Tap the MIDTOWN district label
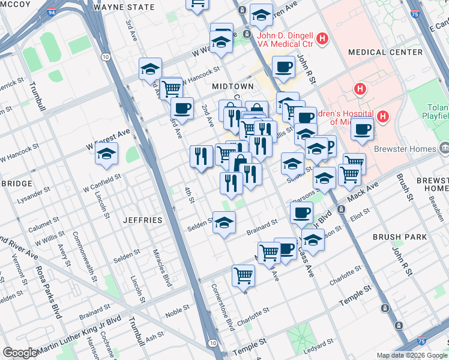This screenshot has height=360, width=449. click(x=232, y=86)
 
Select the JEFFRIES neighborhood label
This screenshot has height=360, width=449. click(x=143, y=220)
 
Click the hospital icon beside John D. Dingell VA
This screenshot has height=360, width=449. click(x=323, y=39)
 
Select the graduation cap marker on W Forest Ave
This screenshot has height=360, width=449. click(x=106, y=154)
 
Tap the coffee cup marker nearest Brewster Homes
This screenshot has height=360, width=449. click(x=362, y=130)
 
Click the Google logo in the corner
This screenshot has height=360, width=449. click(x=20, y=353)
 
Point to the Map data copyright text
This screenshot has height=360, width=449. click(x=411, y=355)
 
